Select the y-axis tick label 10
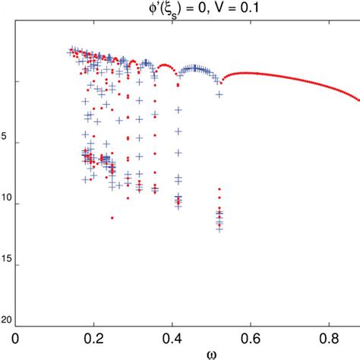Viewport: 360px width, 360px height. click(x=6, y=204)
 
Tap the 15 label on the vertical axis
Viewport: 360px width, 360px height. click(x=6, y=265)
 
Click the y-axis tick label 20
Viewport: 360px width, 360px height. click(x=6, y=320)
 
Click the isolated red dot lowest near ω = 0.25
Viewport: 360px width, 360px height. click(x=112, y=218)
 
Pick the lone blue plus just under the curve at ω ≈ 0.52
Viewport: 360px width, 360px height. click(x=219, y=94)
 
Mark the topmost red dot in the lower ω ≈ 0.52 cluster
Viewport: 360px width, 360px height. click(x=219, y=189)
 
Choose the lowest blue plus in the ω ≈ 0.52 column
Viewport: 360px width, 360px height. click(x=219, y=229)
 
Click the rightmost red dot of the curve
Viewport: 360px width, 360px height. click(x=358, y=99)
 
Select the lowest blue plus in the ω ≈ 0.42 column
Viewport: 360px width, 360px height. click(x=178, y=205)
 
